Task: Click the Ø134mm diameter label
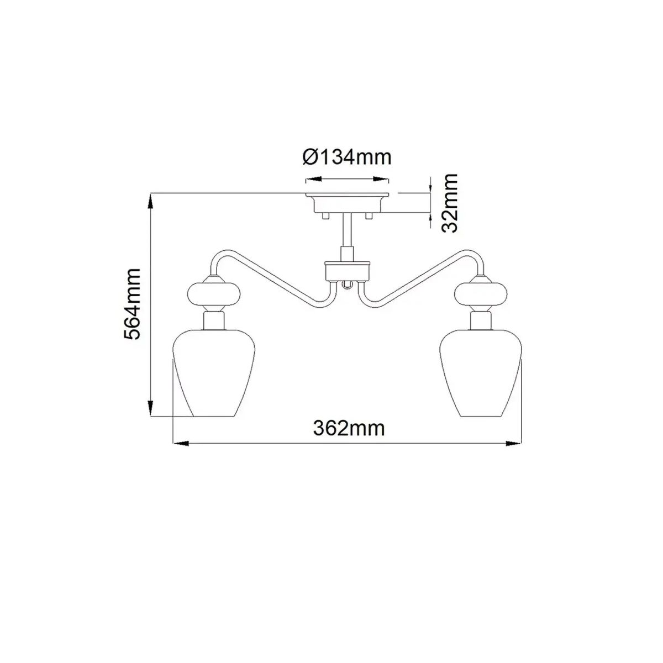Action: pos(347,158)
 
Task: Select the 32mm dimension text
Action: pos(449,203)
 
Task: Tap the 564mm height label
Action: pos(132,304)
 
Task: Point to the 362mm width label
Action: pos(349,429)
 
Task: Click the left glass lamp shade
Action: pos(214,372)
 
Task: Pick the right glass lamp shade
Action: pos(481,372)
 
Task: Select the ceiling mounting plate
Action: pos(347,203)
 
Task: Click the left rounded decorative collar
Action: pos(214,292)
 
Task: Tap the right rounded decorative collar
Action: pos(481,292)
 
